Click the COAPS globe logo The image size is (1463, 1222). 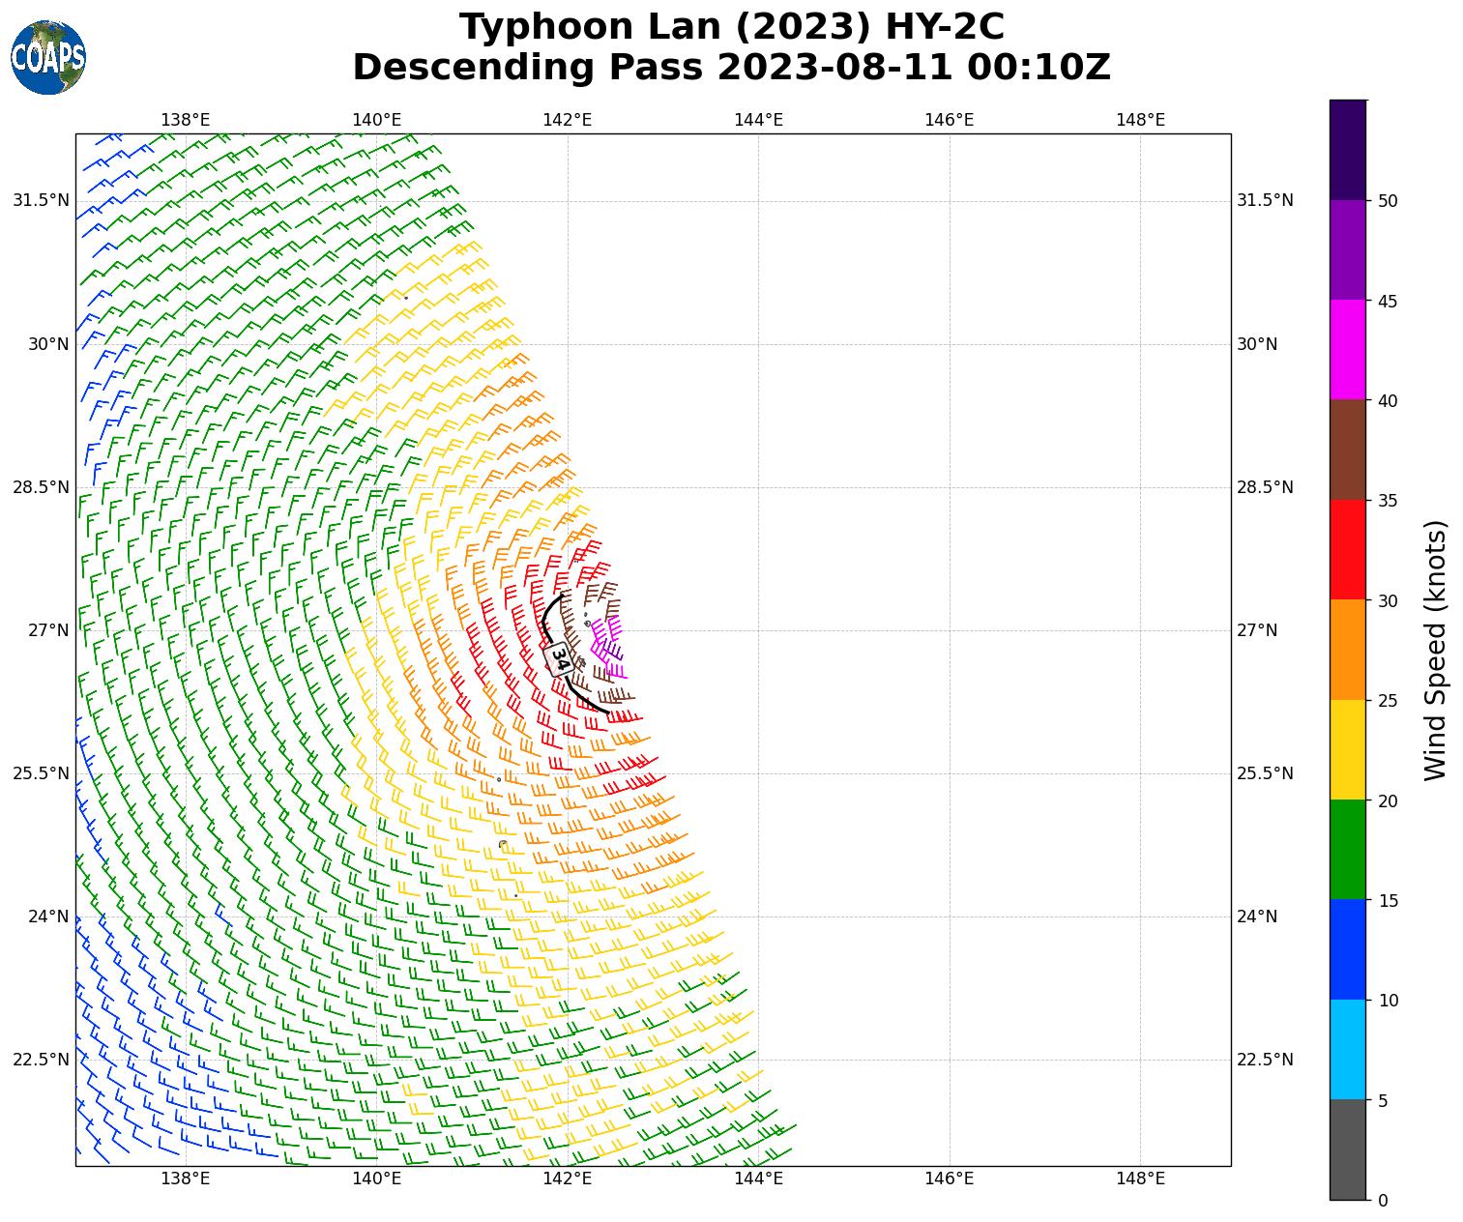click(x=48, y=58)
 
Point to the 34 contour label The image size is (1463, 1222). click(x=559, y=658)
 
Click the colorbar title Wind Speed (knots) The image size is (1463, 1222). click(x=1436, y=650)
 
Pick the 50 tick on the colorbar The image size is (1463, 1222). click(x=1388, y=201)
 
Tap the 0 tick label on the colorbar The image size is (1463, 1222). click(x=1383, y=1200)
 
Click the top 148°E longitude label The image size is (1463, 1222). click(x=1140, y=120)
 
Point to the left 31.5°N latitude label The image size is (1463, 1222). click(x=41, y=201)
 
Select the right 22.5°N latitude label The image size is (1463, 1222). click(x=1265, y=1060)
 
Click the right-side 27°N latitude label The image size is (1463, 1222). click(x=1257, y=630)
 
